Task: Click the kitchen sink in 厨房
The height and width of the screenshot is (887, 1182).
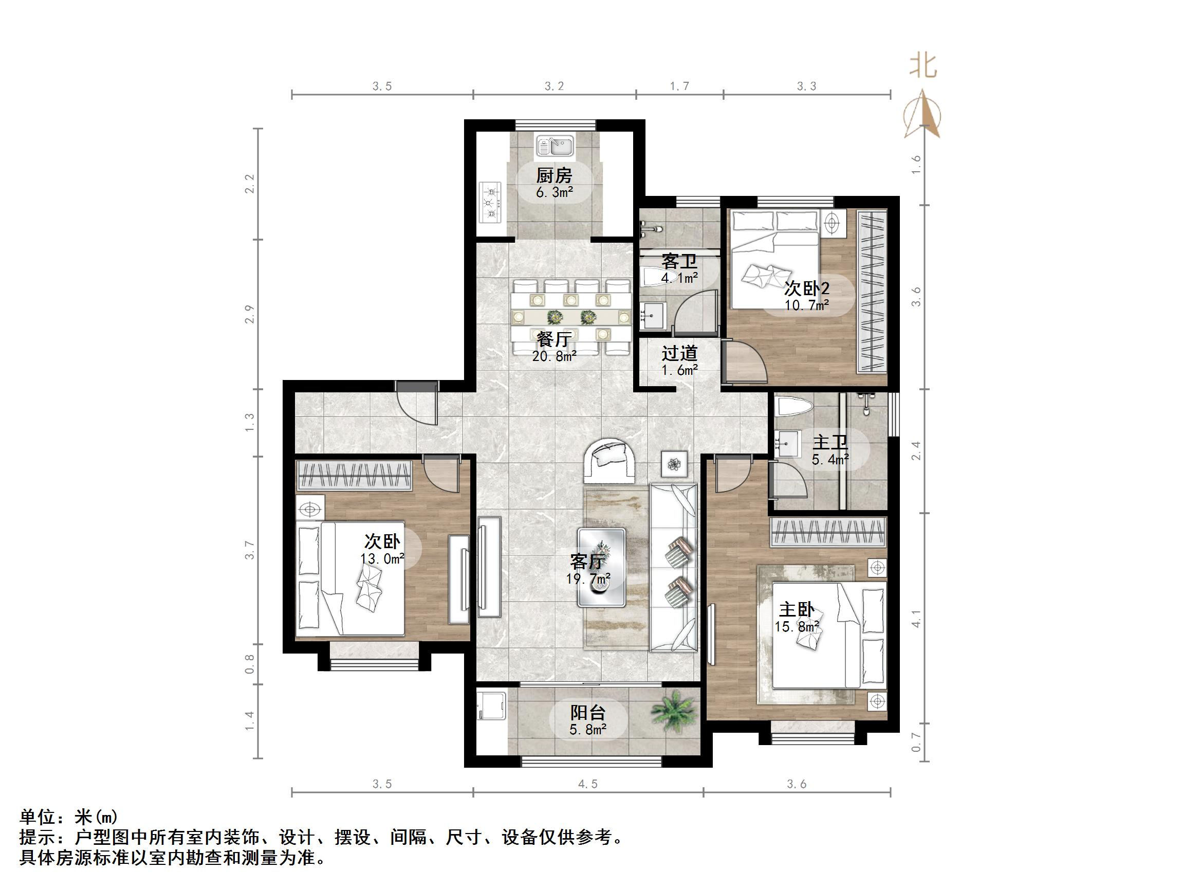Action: point(555,146)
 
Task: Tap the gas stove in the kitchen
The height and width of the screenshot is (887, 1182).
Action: point(491,203)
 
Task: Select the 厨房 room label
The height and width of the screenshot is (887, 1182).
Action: point(554,175)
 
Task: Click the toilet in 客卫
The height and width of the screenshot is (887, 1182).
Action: point(653,277)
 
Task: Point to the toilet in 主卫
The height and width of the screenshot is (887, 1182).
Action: point(795,406)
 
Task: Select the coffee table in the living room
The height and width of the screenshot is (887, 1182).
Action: point(602,567)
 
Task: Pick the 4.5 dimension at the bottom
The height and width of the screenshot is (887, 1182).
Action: point(588,784)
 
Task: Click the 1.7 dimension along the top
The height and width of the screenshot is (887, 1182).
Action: point(679,86)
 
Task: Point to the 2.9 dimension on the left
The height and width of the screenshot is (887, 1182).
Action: point(250,314)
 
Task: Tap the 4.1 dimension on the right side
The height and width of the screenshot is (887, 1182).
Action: point(916,618)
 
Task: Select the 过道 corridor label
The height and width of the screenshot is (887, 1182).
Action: point(679,353)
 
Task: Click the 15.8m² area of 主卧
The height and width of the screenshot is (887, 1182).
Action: point(797,626)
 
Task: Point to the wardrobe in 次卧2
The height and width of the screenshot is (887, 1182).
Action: point(872,292)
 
